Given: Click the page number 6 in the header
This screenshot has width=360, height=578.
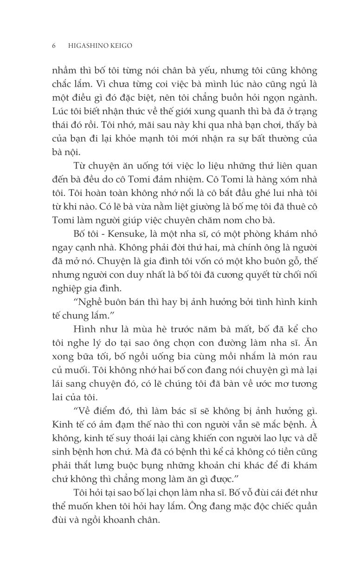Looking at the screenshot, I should pyautogui.click(x=54, y=45).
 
